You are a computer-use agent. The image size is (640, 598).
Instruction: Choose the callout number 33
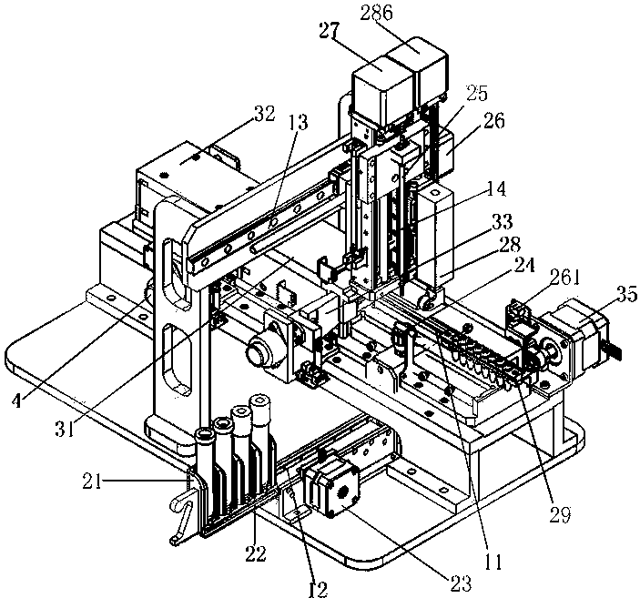click(501, 221)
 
